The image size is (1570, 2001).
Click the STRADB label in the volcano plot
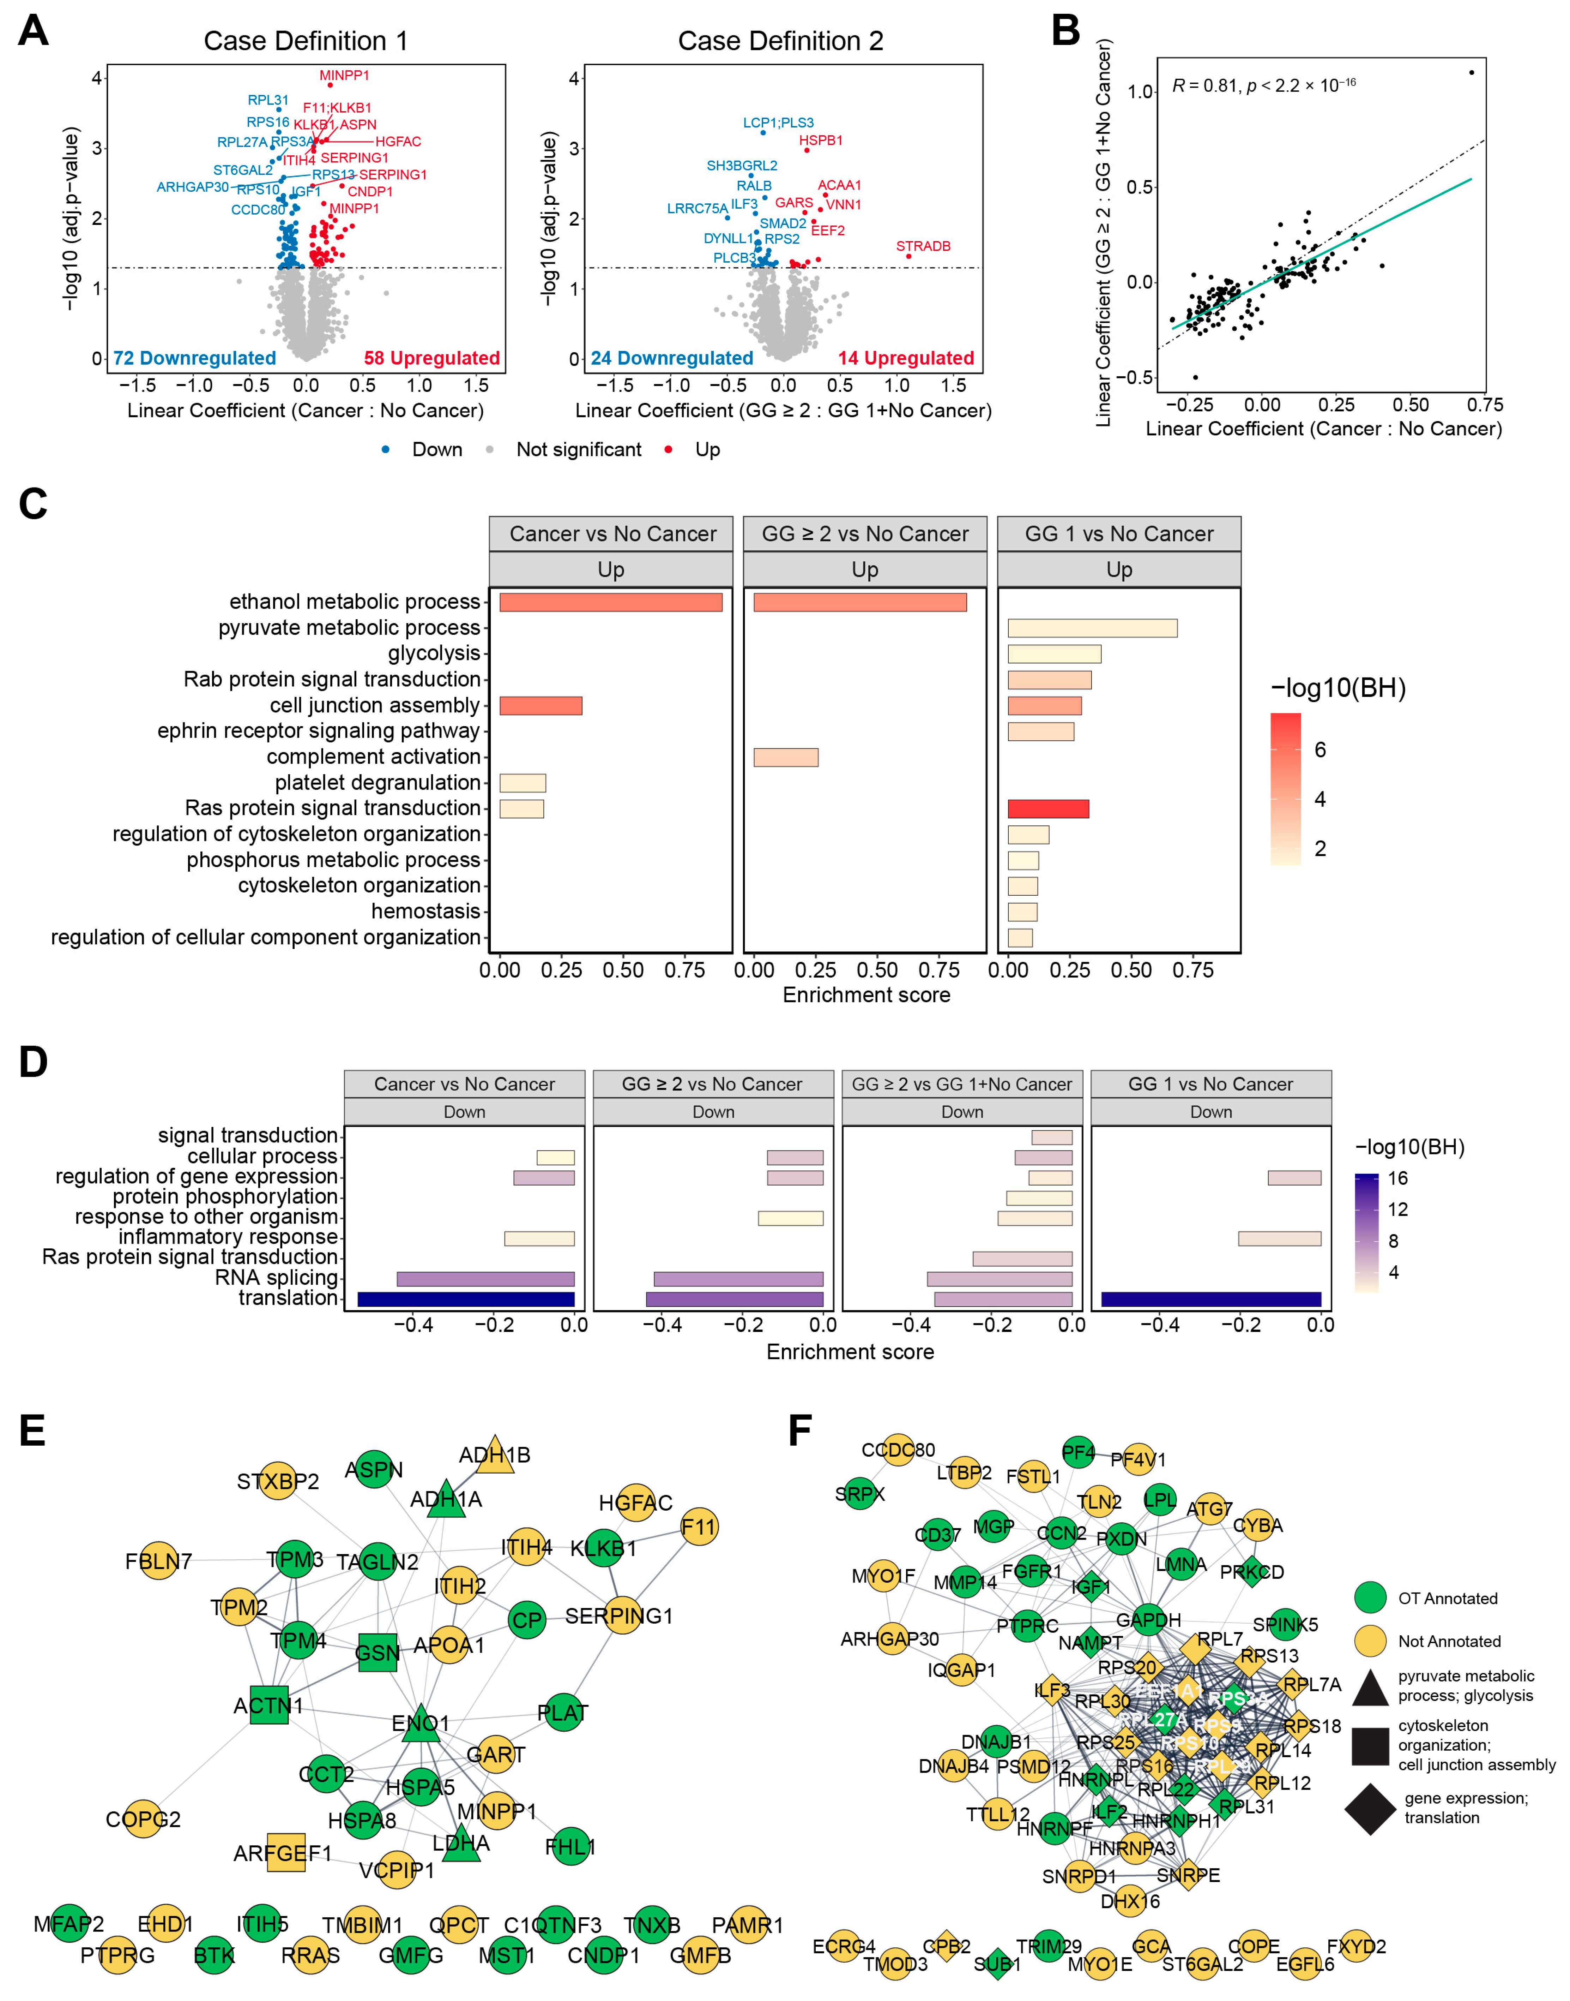[x=923, y=246]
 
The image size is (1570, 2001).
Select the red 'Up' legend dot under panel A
[x=668, y=450]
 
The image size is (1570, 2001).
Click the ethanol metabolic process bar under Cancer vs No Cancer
[x=610, y=602]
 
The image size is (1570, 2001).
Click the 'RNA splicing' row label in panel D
[x=277, y=1277]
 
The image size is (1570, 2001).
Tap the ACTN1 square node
[x=268, y=1706]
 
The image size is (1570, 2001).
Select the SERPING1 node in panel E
[x=621, y=1616]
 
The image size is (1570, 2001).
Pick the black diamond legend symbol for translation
[x=1370, y=1809]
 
